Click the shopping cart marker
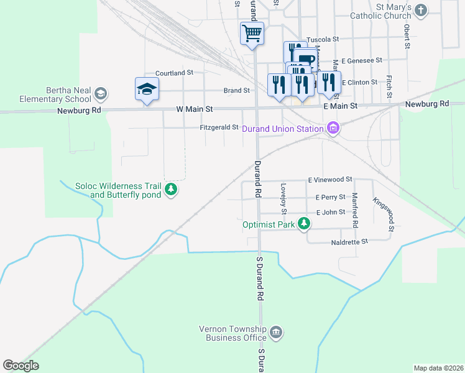[252, 32]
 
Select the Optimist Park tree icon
[303, 223]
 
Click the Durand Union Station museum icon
[333, 129]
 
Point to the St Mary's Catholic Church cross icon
[421, 10]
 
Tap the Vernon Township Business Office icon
[276, 334]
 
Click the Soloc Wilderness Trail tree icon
[171, 190]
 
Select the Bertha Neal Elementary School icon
[101, 94]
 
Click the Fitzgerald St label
[219, 127]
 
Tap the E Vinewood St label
[330, 180]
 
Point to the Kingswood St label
[384, 214]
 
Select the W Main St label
[195, 109]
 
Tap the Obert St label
[407, 36]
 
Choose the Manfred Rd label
[355, 210]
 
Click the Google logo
[21, 366]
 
